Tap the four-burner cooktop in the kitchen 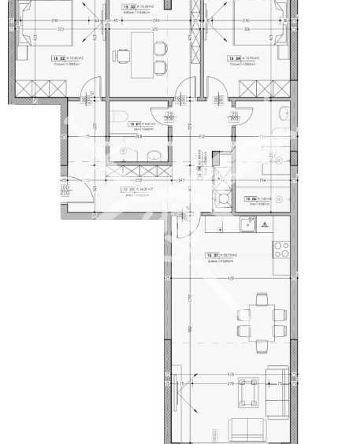[x=280, y=249]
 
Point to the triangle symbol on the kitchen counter [x=265, y=224]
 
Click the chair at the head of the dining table [x=261, y=298]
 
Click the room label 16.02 [x=58, y=58]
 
